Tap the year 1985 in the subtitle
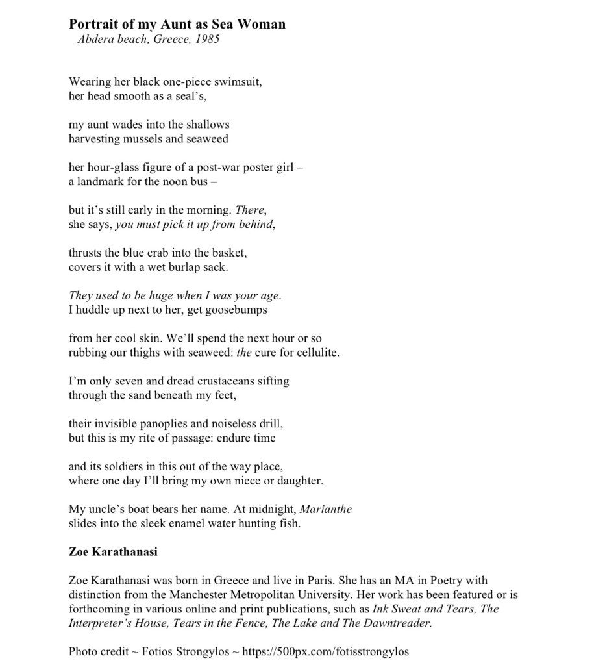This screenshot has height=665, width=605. click(207, 39)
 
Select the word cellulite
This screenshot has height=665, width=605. click(317, 353)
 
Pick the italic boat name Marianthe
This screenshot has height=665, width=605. click(326, 509)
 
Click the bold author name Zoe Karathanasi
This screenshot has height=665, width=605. click(113, 552)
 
